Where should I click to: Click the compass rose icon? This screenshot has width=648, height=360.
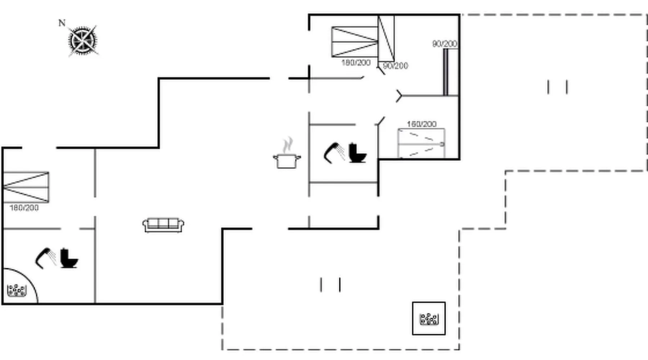click(x=83, y=41)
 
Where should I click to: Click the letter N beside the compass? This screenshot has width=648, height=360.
click(x=62, y=23)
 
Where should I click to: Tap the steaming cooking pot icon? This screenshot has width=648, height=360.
click(x=287, y=155)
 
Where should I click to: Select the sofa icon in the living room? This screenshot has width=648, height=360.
click(x=163, y=225)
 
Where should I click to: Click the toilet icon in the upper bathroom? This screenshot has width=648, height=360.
click(x=357, y=153)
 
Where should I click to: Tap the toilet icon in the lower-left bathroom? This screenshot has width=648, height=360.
click(x=68, y=258)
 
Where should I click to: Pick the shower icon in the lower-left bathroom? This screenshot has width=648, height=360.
click(x=45, y=258)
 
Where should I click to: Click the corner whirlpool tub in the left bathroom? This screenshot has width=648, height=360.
click(x=17, y=290)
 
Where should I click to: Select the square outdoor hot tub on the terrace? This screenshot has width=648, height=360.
click(x=428, y=319)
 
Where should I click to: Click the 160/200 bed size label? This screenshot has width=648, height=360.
click(x=422, y=124)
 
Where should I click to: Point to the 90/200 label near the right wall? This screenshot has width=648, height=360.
click(x=445, y=44)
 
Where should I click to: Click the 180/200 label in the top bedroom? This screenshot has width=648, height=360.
click(x=356, y=63)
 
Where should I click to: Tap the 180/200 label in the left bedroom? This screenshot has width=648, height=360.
click(x=24, y=208)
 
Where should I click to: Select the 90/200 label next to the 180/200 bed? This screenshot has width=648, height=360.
click(x=395, y=66)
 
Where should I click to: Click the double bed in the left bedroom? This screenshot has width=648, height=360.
click(x=26, y=187)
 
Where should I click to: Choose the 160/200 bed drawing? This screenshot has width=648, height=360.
click(x=421, y=143)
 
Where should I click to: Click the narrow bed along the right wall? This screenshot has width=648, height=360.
click(x=450, y=72)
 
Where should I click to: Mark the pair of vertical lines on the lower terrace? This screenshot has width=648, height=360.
click(x=330, y=284)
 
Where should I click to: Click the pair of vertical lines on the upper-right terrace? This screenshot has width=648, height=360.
click(x=558, y=87)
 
